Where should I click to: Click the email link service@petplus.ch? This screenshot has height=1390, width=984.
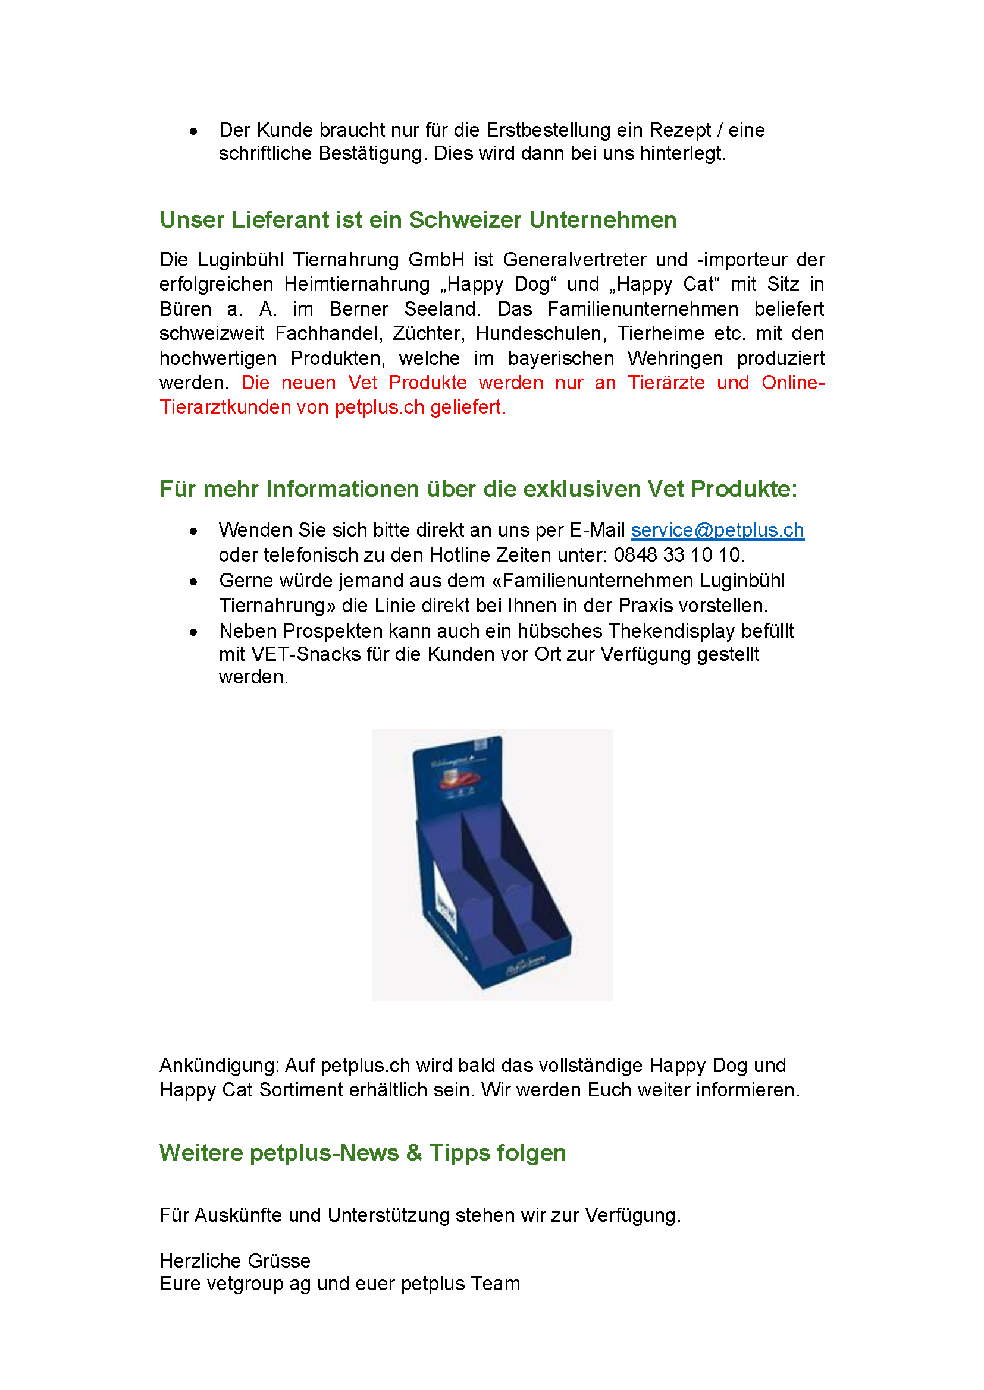[x=717, y=530]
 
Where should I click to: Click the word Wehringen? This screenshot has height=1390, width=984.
[x=675, y=358]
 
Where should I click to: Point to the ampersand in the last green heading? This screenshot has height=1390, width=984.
[x=415, y=1153]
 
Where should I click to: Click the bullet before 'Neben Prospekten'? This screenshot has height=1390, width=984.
[x=193, y=632]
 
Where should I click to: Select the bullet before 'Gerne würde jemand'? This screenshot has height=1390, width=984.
[x=193, y=582]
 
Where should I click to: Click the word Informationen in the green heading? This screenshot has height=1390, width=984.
[x=342, y=489]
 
